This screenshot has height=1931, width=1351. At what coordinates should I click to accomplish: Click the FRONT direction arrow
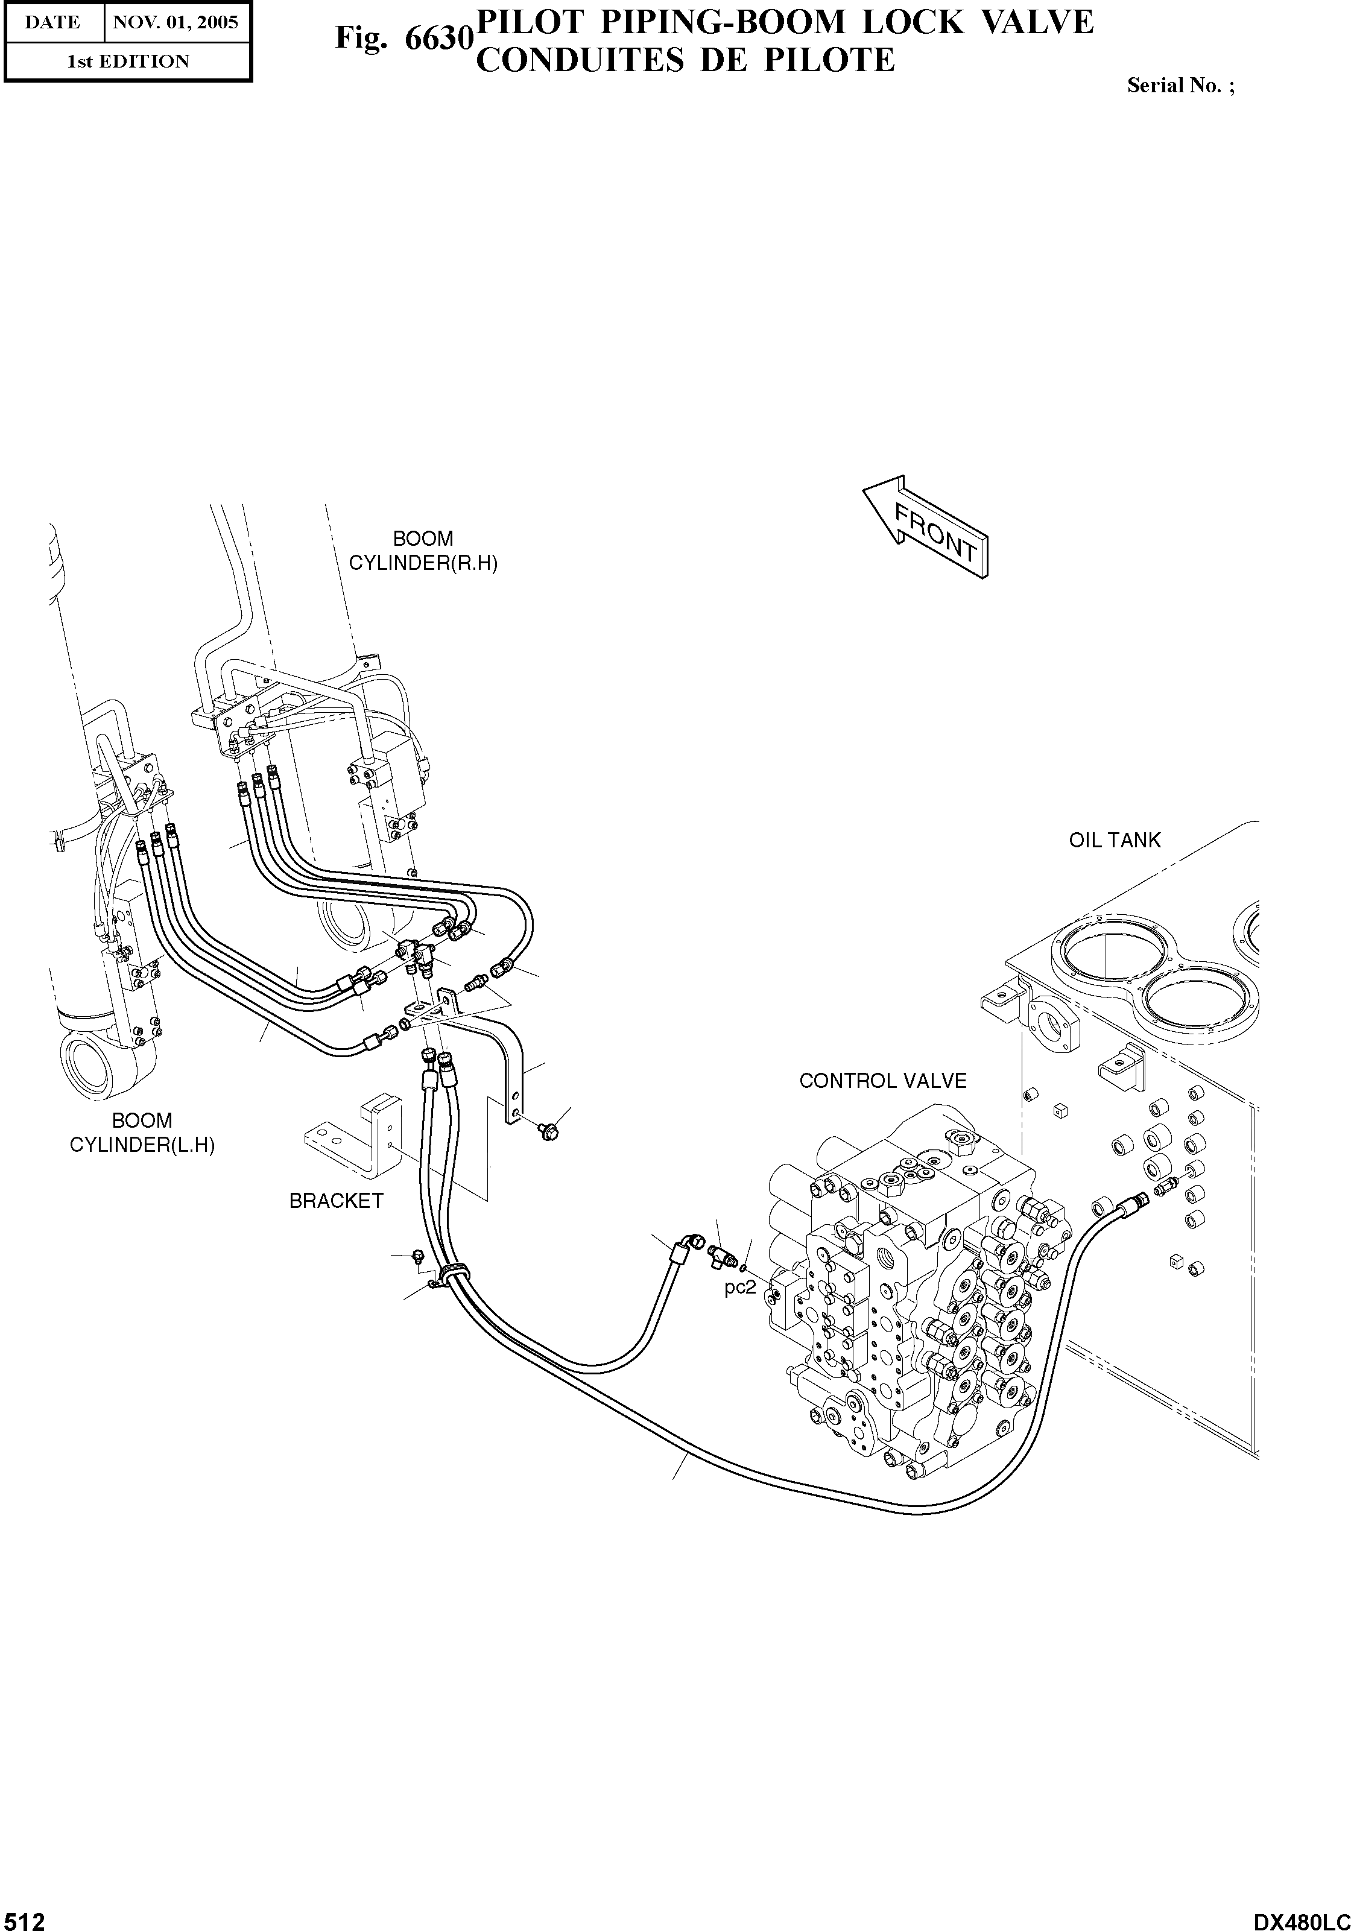pyautogui.click(x=925, y=527)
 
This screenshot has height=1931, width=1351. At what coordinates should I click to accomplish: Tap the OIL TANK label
pyautogui.click(x=1114, y=840)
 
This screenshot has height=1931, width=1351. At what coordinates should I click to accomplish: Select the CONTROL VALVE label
pyautogui.click(x=882, y=1081)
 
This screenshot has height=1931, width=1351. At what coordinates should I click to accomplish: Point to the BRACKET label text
pyautogui.click(x=336, y=1201)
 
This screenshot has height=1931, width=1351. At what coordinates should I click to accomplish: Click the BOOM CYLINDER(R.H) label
pyautogui.click(x=423, y=551)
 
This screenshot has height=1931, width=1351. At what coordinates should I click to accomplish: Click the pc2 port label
pyautogui.click(x=740, y=1288)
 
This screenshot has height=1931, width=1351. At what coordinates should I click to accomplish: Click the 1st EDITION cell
pyautogui.click(x=128, y=62)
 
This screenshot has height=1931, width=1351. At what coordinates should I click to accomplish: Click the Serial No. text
pyautogui.click(x=1180, y=86)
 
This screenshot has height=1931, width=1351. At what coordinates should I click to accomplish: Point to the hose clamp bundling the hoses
pyautogui.click(x=452, y=1271)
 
